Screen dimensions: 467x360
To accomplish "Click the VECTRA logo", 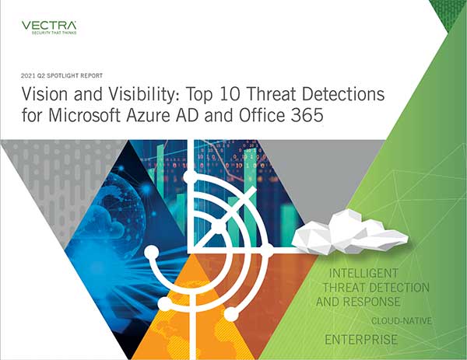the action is [49, 26].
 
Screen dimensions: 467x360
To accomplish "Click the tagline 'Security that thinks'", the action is [54, 33].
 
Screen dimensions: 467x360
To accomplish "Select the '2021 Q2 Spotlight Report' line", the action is [61, 76].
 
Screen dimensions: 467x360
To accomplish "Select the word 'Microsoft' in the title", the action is [85, 115].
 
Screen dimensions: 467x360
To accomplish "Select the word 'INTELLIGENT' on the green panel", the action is [363, 273].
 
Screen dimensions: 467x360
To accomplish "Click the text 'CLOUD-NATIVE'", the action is [402, 321].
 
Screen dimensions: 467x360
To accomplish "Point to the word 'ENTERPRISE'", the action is [361, 340].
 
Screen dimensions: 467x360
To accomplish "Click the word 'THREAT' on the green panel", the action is [344, 288].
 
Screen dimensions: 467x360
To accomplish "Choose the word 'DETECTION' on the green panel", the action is [399, 288].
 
